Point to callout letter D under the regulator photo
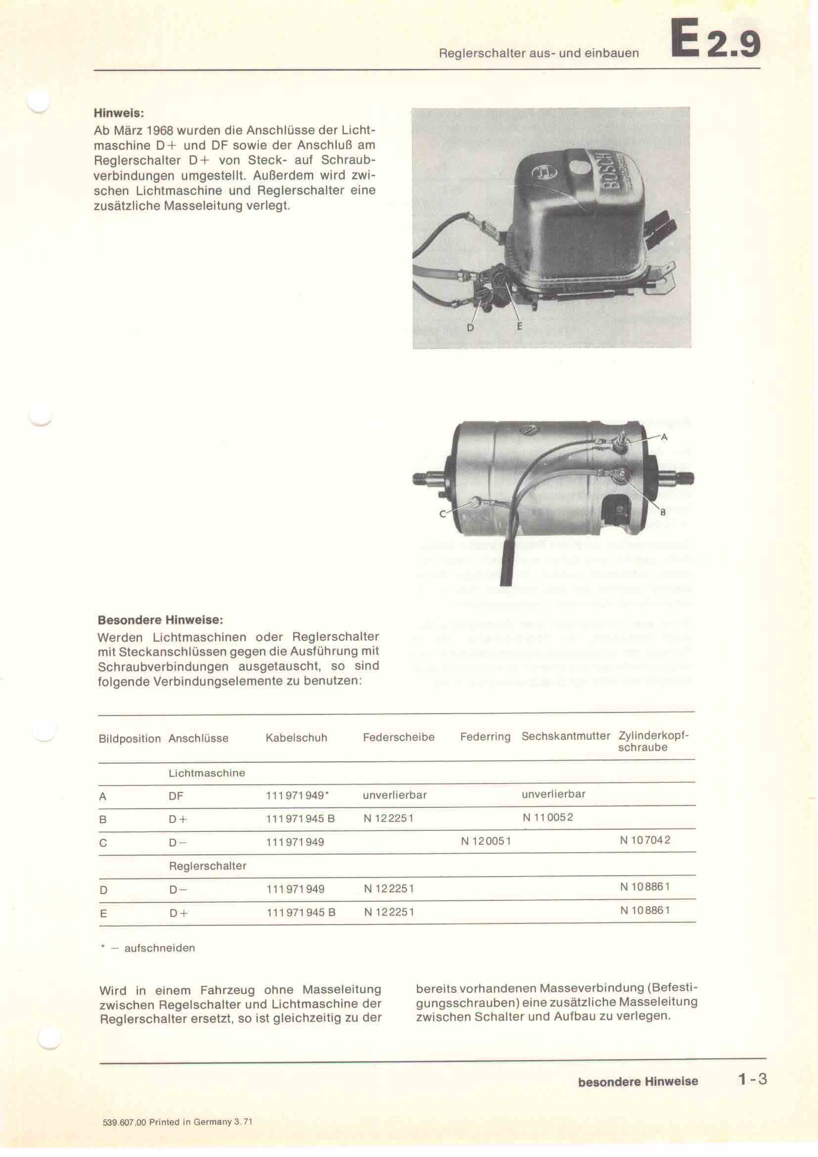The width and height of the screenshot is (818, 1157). click(470, 328)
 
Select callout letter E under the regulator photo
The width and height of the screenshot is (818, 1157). click(520, 326)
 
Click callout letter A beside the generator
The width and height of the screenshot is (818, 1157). click(664, 437)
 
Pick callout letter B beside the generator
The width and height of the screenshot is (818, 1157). click(663, 512)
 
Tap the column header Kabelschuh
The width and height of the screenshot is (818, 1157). click(296, 738)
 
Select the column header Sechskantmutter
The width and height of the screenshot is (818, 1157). click(566, 736)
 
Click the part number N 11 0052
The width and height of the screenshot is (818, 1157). click(547, 817)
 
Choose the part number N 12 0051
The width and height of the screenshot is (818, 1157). click(486, 841)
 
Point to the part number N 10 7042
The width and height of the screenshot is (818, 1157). click(645, 840)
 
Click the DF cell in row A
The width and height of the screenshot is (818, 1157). click(176, 796)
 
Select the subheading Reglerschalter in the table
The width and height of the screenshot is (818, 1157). click(208, 866)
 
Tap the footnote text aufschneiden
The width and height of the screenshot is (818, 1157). click(159, 948)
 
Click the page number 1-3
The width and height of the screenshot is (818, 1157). click(752, 1079)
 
